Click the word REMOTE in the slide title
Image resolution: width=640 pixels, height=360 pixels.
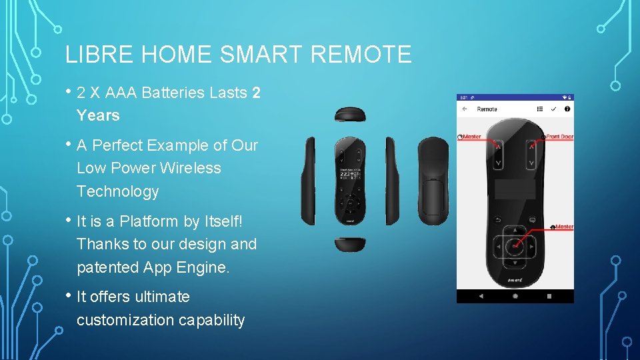[x=361, y=54]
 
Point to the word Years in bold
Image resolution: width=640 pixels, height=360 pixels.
[x=98, y=115]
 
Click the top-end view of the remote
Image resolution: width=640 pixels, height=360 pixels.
[x=349, y=115]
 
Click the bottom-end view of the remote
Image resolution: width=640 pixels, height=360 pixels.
[x=349, y=244]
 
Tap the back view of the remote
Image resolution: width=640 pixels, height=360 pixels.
[x=433, y=179]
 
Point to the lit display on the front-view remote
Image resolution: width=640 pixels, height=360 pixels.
[x=349, y=175]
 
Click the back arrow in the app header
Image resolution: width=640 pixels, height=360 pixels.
[x=465, y=109]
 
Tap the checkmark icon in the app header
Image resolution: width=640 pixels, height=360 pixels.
[x=553, y=109]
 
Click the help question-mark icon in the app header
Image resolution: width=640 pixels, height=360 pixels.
[x=567, y=109]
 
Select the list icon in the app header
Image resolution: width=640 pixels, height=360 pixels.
[x=540, y=109]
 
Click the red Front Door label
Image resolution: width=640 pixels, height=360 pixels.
[x=559, y=137]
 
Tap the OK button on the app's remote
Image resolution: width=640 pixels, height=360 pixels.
[x=514, y=246]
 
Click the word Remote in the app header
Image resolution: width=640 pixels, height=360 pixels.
[x=487, y=109]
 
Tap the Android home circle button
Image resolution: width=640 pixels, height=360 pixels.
[x=515, y=295]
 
